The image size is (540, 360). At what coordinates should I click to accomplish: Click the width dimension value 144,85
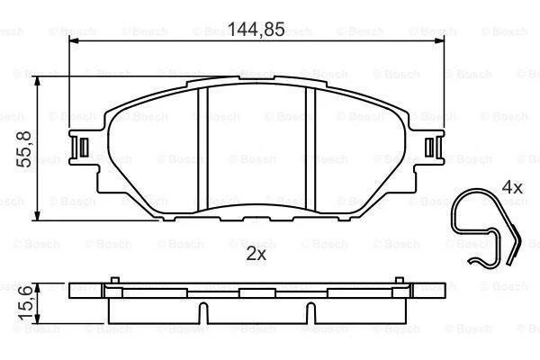256,30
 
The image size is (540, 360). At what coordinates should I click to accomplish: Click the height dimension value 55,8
24,149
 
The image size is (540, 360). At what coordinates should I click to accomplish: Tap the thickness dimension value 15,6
25,302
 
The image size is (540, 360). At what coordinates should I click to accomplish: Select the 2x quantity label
256,254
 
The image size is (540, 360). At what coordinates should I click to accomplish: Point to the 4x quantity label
512,188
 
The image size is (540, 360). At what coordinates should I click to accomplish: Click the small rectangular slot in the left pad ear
84,148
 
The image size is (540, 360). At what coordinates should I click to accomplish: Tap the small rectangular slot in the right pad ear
429,148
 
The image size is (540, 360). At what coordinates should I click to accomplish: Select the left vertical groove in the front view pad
203,148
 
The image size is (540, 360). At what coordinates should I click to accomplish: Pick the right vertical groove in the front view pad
310,148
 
